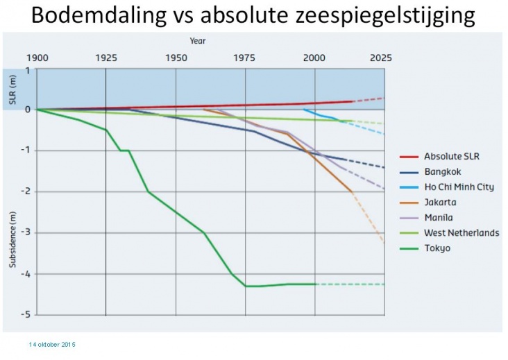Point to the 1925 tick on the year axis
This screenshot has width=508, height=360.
[x=105, y=58]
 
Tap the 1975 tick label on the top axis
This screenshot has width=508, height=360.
[x=245, y=58]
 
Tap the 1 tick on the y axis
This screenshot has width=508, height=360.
[x=28, y=70]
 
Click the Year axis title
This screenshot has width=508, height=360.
[x=198, y=41]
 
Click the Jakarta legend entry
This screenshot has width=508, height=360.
[x=440, y=203]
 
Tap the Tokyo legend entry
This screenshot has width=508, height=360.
[x=437, y=248]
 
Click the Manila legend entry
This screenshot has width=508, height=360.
[x=439, y=218]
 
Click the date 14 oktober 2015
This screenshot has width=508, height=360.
[x=52, y=345]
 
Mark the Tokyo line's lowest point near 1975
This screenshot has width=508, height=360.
[x=246, y=286]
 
